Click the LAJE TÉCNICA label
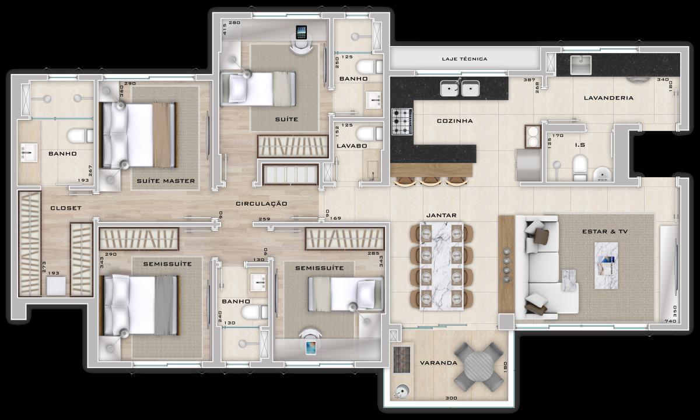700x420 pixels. [x=464, y=59]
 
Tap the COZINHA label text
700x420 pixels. [x=454, y=121]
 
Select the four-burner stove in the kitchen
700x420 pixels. [x=402, y=122]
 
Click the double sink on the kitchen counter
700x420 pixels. [x=460, y=89]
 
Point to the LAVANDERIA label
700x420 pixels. [x=608, y=98]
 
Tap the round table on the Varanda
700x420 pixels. [x=478, y=366]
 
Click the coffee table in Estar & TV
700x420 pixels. [x=606, y=266]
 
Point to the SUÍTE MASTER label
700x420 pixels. [x=166, y=181]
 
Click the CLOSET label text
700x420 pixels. [x=65, y=208]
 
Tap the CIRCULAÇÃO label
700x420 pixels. [x=262, y=203]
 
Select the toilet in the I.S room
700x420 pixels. [x=580, y=166]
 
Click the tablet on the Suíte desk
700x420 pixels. [x=301, y=31]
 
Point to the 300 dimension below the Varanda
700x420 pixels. [x=450, y=399]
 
